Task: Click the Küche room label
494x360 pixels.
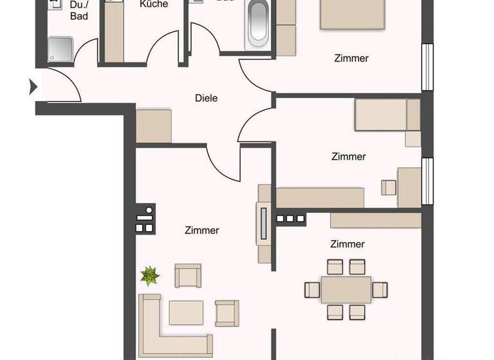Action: (154, 4)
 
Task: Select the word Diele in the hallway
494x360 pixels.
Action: (206, 98)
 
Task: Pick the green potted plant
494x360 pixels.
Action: (150, 276)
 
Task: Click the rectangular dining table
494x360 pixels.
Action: (346, 289)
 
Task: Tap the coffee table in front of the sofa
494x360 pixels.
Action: (186, 312)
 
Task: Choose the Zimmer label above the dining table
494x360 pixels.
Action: (347, 244)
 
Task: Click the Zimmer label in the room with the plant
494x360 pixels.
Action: (201, 230)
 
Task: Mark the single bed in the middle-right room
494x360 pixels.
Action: (387, 115)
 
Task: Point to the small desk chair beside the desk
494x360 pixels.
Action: (389, 187)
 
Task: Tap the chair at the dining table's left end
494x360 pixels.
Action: (313, 290)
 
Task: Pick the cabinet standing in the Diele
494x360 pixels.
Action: (154, 125)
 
